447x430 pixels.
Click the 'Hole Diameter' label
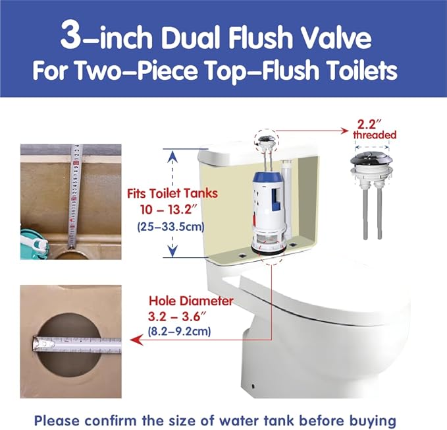[191, 301]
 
